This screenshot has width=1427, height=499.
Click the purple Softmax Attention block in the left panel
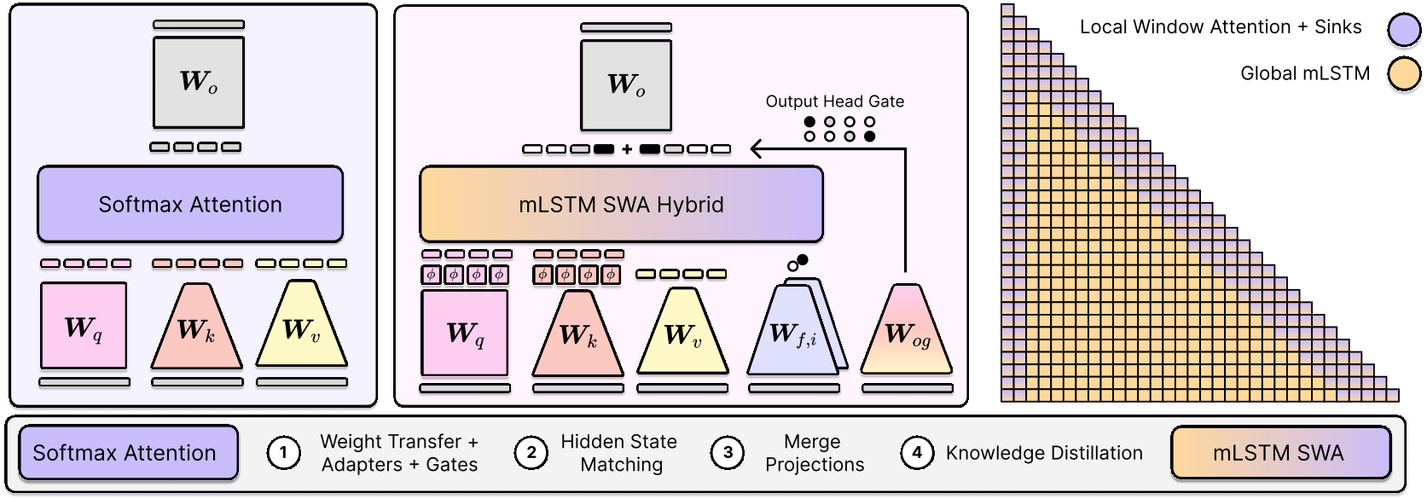point(190,204)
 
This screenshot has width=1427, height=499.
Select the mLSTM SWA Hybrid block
point(621,204)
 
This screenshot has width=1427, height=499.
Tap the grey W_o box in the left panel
point(199,82)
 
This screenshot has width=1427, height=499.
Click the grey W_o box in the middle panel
point(626,85)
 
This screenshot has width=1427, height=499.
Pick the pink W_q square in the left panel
point(84,326)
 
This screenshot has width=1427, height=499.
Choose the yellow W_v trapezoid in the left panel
point(301,324)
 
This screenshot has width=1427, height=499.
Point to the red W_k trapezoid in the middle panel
point(577,334)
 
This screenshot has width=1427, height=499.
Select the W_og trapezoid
point(907,329)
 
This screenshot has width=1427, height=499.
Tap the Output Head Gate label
point(834,102)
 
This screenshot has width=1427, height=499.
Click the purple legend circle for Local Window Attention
point(1404,30)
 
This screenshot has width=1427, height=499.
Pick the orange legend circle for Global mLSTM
point(1404,74)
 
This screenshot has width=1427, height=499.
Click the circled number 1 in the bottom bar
point(283,453)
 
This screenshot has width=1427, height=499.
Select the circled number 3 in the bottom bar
point(728,453)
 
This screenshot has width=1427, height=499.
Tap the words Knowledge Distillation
point(1044,453)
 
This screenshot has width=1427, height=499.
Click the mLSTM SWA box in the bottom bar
point(1280,452)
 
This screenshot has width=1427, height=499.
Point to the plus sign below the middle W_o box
point(627,149)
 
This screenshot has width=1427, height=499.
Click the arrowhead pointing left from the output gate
point(757,149)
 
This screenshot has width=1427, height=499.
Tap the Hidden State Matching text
point(619,453)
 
